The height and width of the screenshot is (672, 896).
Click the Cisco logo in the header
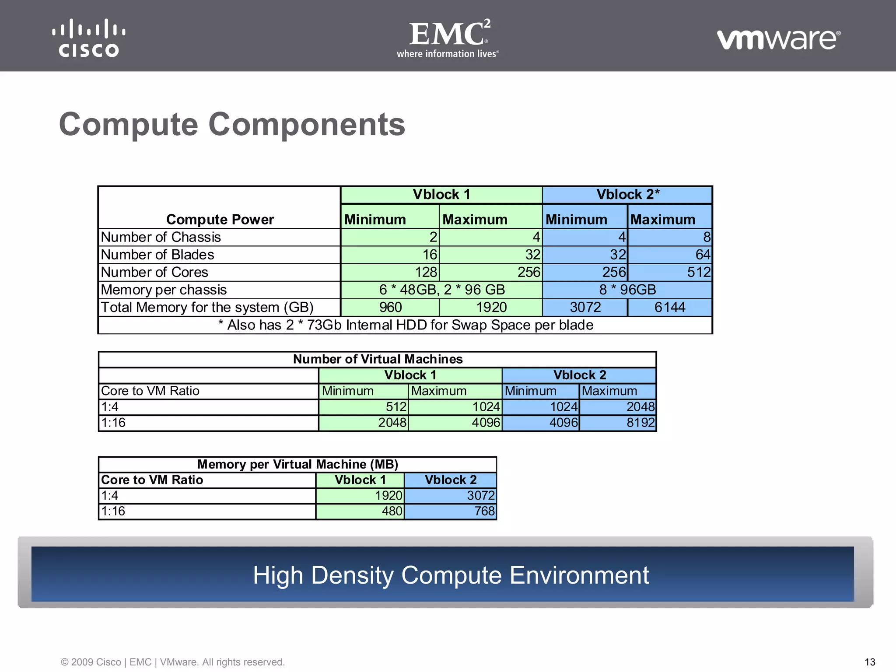click(x=89, y=38)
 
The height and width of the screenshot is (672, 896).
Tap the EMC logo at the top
click(x=448, y=38)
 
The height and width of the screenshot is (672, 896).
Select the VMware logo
click(x=778, y=39)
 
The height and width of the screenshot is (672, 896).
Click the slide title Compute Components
click(x=232, y=124)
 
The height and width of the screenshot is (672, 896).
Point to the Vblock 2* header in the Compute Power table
click(x=627, y=195)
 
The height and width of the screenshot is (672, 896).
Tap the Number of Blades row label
click(x=157, y=255)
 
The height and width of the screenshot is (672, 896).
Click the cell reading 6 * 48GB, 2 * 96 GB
click(x=441, y=290)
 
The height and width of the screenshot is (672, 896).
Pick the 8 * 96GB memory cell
click(x=627, y=290)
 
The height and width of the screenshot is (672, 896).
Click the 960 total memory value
click(x=390, y=307)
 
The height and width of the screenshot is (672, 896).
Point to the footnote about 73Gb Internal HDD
click(x=406, y=325)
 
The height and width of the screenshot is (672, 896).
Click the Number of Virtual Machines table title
click(x=378, y=359)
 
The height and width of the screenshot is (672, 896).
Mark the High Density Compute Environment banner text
click(x=451, y=575)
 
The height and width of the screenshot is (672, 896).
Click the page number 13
click(x=870, y=662)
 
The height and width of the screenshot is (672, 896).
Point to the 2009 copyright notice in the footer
click(x=172, y=662)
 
